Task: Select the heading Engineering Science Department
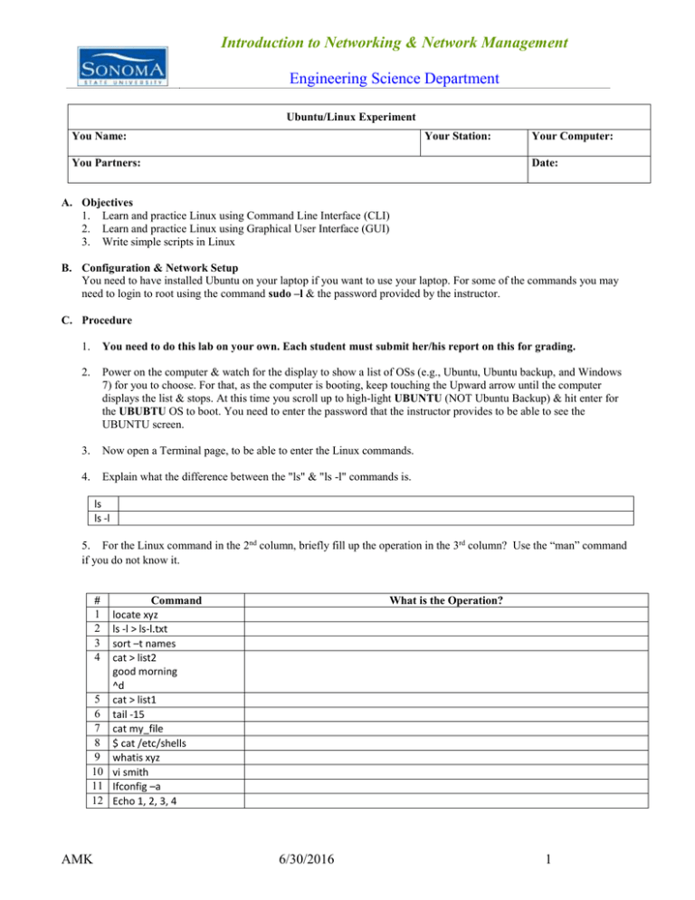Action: [395, 79]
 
